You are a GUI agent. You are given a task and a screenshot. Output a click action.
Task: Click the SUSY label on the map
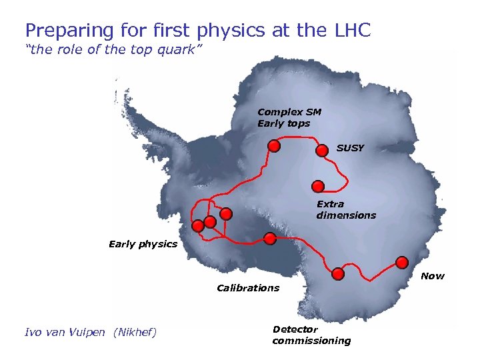[350, 148]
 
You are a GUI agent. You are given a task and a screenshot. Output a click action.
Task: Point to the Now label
[433, 276]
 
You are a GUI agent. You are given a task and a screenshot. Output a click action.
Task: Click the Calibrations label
[248, 288]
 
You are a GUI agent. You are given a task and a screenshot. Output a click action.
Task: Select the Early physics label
[143, 244]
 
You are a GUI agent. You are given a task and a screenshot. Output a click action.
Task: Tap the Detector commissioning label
[311, 335]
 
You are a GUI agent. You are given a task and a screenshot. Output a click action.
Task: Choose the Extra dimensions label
[346, 210]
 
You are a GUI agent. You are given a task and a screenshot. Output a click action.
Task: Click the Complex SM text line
[289, 112]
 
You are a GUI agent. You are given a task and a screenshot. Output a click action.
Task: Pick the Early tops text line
[283, 123]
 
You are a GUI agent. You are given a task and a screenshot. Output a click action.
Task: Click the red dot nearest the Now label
[401, 261]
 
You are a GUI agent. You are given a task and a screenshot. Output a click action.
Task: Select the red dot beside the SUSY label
[321, 151]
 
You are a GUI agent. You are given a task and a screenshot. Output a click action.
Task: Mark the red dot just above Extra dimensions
[317, 186]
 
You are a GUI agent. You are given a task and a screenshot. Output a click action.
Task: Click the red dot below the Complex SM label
[273, 146]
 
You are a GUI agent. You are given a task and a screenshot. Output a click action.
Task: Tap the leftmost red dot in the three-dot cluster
[197, 226]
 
